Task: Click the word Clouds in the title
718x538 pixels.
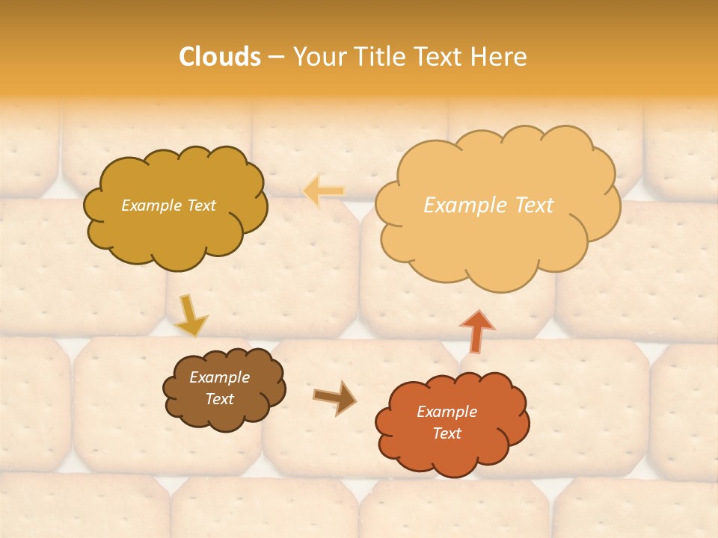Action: click(x=220, y=57)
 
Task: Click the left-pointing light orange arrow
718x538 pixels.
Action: click(x=324, y=191)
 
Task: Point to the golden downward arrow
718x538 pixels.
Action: click(x=191, y=316)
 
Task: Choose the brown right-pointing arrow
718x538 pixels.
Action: click(x=334, y=397)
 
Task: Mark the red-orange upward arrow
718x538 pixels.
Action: click(x=476, y=331)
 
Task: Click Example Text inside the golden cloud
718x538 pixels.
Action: click(x=168, y=205)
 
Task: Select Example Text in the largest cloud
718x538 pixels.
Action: click(x=488, y=205)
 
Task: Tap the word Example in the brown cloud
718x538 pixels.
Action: click(x=219, y=378)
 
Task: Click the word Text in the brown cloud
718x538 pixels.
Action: click(x=219, y=399)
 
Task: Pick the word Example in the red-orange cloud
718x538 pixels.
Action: click(x=447, y=412)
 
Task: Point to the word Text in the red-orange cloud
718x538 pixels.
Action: click(x=447, y=433)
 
